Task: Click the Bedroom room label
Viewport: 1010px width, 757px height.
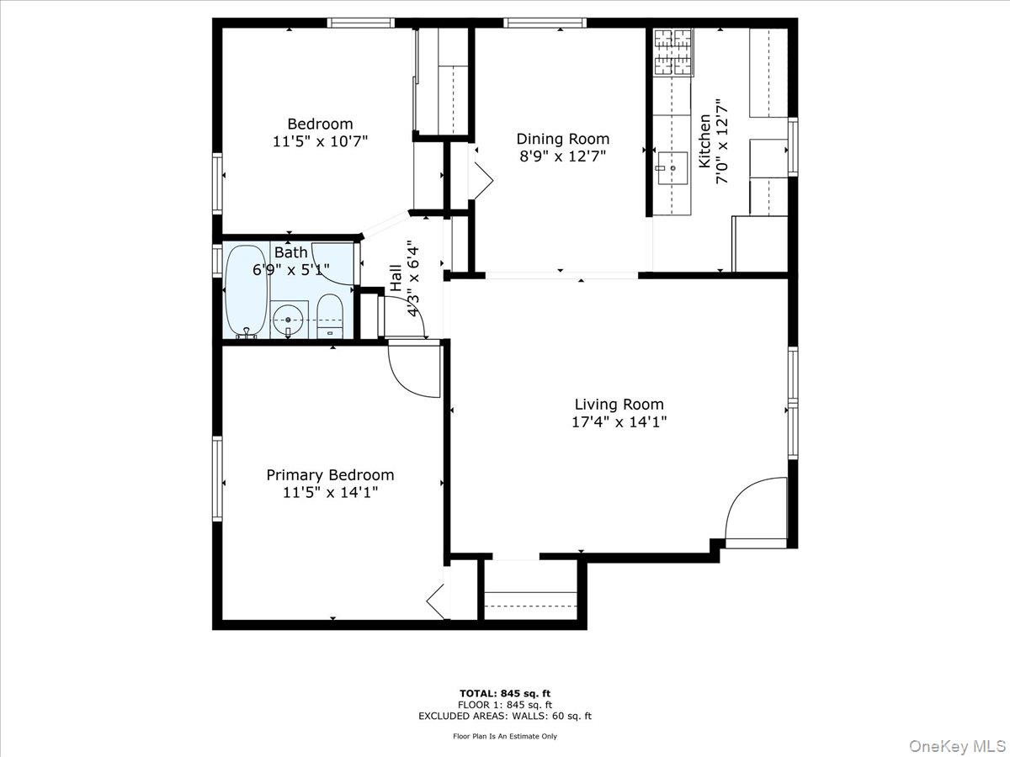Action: (320, 124)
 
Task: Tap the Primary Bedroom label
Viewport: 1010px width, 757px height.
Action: (330, 475)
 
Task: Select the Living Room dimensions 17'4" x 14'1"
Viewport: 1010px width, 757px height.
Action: (619, 423)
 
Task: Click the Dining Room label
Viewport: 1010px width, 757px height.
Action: (562, 139)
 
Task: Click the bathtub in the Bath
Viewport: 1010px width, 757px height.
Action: (246, 291)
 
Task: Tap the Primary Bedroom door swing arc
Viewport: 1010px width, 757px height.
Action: (412, 371)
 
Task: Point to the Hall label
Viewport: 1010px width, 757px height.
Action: (396, 277)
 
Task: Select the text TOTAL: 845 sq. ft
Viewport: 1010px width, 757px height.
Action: (505, 693)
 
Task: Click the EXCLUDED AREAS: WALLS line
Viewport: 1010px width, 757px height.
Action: (505, 717)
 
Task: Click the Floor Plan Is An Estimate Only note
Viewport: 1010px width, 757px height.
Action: (505, 736)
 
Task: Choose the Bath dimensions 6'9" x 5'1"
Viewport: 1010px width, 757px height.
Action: (291, 270)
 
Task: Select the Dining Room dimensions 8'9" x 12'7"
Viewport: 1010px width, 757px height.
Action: (562, 156)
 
